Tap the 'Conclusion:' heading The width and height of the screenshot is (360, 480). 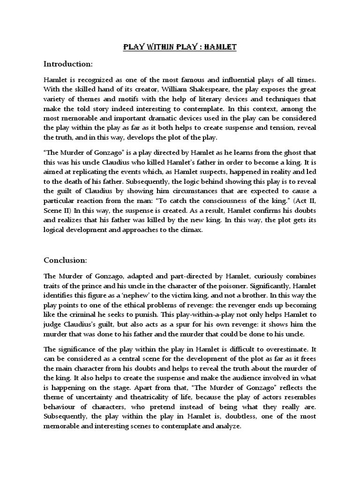coord(66,260)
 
